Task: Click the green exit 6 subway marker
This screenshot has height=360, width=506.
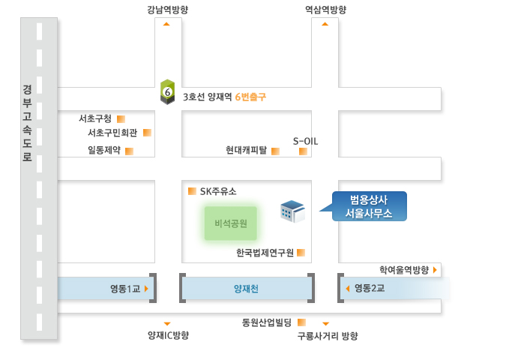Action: click(x=167, y=92)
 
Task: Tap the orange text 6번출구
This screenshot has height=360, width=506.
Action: click(x=250, y=97)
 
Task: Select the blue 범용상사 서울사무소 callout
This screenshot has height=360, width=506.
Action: click(x=369, y=206)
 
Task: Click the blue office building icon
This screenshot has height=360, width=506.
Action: click(x=292, y=211)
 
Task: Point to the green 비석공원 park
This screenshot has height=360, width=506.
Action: click(x=231, y=223)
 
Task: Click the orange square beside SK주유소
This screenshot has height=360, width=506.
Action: click(x=192, y=191)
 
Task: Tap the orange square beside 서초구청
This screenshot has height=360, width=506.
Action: click(x=121, y=119)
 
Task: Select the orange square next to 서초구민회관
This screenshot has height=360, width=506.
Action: click(x=147, y=133)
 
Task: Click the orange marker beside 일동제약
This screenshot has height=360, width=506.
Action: click(x=129, y=151)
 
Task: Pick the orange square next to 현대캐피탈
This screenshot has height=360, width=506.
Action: click(x=275, y=151)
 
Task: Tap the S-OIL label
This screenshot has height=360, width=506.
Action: click(x=305, y=141)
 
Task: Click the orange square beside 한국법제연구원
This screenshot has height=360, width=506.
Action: click(x=301, y=253)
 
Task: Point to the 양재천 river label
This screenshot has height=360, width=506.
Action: click(x=246, y=289)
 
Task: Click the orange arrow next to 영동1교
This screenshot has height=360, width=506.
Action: click(x=146, y=289)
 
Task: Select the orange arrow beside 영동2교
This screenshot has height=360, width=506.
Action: click(x=348, y=288)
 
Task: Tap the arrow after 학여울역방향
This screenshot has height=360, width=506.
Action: click(x=435, y=270)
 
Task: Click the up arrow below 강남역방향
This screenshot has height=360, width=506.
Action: click(x=166, y=24)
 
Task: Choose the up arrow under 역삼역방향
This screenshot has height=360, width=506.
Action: click(x=325, y=24)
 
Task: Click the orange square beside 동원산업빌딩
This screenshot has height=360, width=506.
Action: click(x=301, y=322)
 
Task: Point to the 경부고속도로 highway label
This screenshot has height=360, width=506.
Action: click(x=27, y=123)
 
